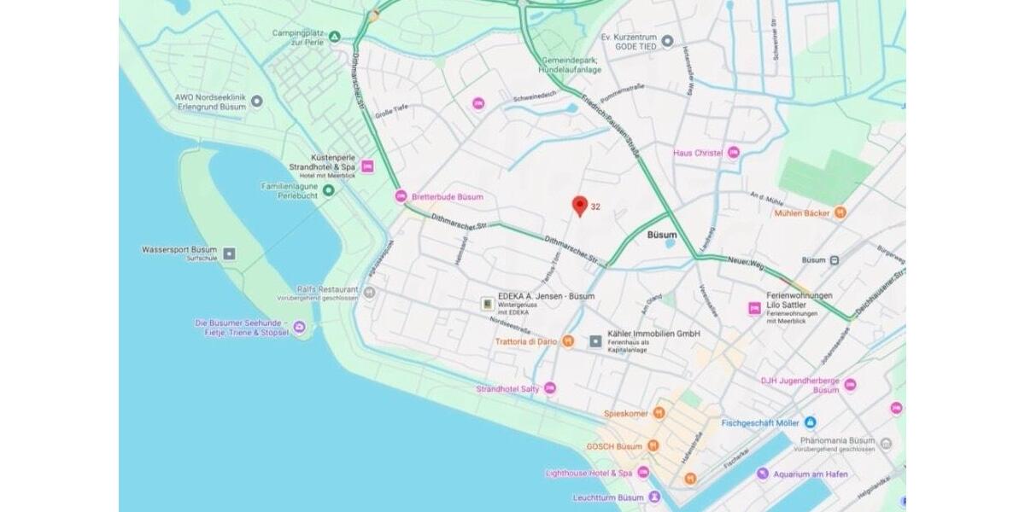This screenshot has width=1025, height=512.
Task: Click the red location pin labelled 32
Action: coord(580,206)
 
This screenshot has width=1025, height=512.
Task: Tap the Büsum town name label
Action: coord(662,235)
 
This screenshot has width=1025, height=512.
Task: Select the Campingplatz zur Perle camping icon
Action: coord(335,38)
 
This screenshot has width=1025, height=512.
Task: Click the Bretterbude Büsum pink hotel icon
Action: coord(401,196)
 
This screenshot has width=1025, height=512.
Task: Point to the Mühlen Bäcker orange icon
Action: coord(840,212)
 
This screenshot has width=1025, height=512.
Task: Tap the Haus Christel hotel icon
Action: coord(732,153)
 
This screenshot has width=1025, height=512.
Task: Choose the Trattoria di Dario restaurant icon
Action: coord(567,341)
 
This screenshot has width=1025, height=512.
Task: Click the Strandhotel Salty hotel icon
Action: coord(549,388)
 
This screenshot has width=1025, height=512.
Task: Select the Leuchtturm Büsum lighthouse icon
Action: coord(654,497)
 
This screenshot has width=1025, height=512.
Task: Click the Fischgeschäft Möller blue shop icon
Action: coord(810,422)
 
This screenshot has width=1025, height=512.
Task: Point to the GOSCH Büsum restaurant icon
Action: coord(653,445)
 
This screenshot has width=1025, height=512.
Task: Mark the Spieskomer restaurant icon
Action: coord(659,413)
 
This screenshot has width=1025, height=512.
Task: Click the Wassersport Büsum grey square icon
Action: coord(229,253)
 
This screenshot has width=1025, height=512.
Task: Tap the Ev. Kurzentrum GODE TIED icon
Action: coord(668,41)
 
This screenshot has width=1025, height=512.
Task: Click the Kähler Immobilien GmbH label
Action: coord(653,333)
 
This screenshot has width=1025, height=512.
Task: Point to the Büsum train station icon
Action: coord(835,260)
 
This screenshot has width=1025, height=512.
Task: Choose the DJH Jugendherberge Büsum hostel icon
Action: coord(850,385)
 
